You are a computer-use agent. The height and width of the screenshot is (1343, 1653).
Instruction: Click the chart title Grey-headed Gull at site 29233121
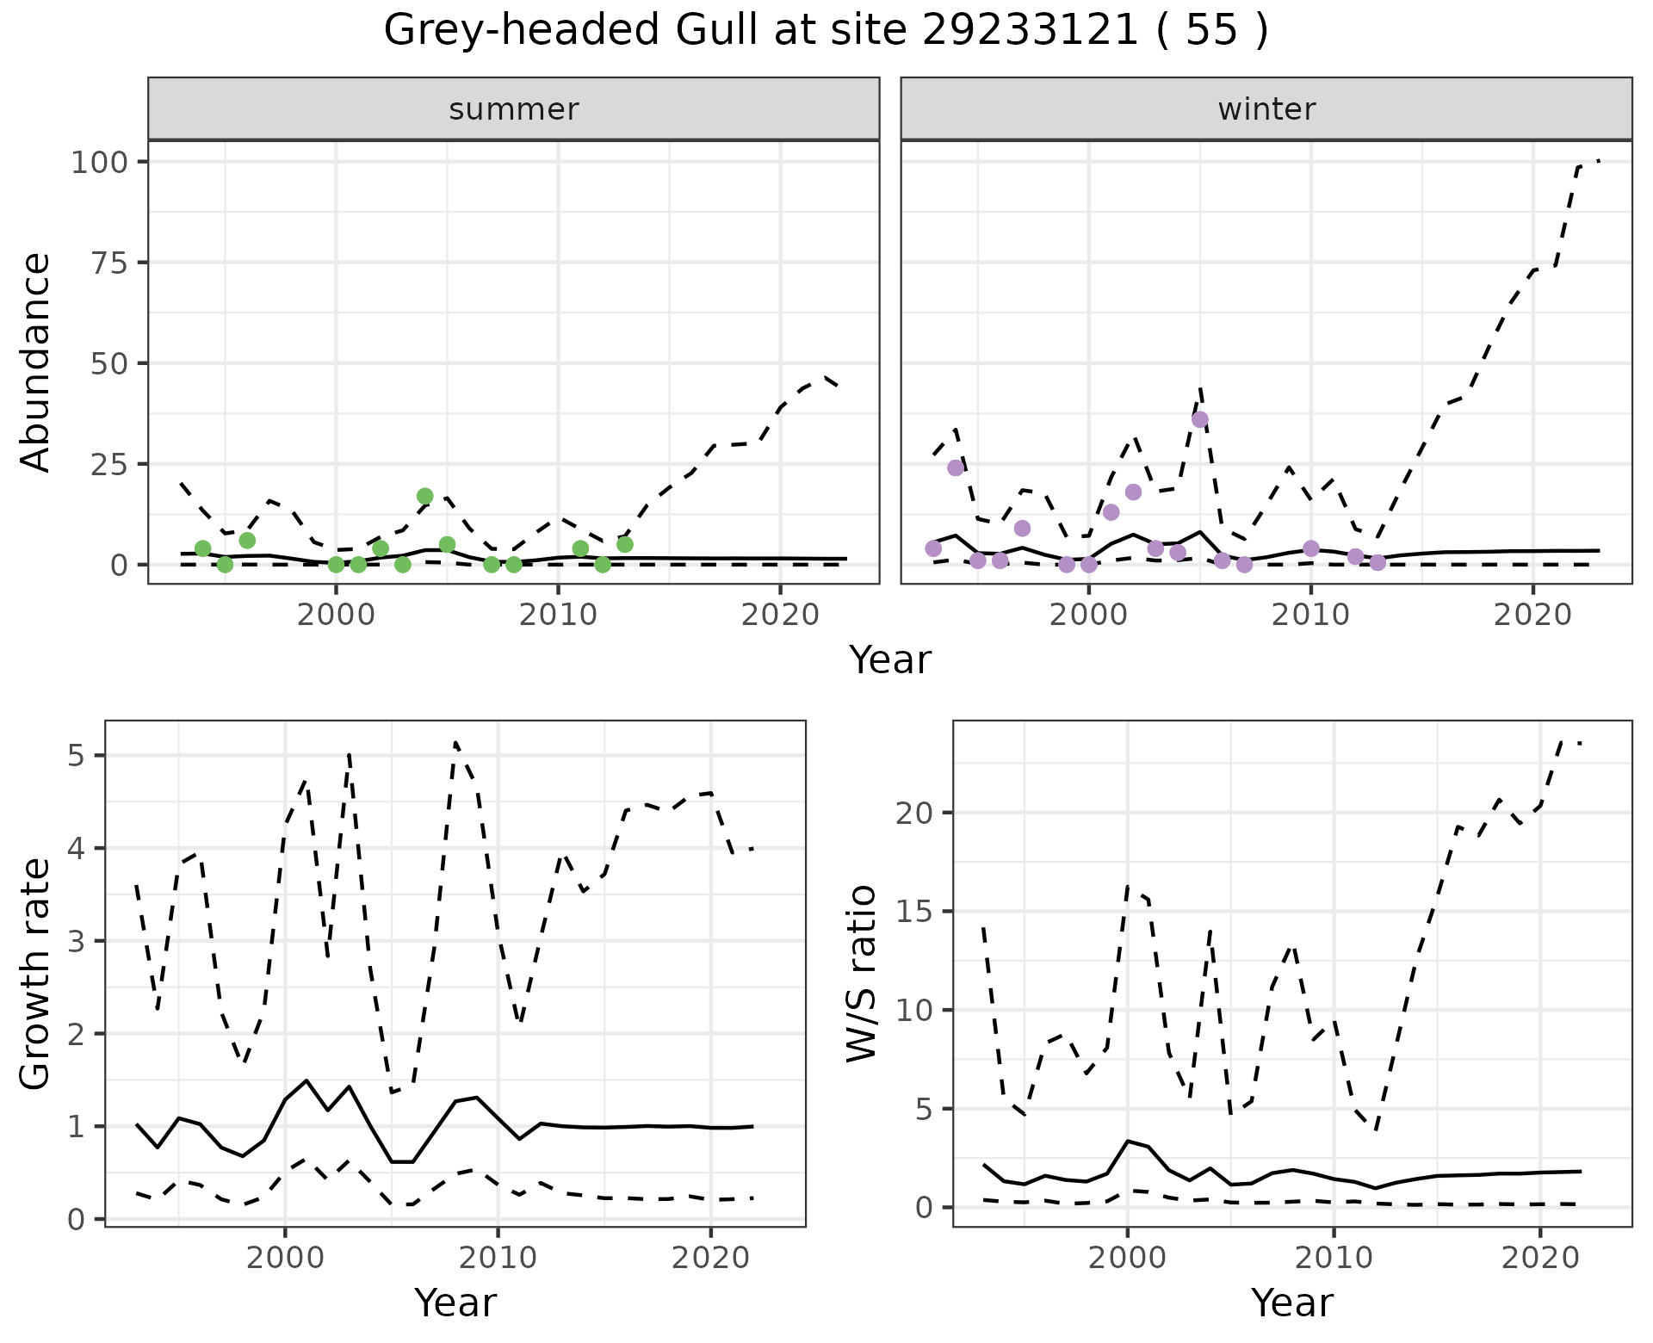pyautogui.click(x=825, y=31)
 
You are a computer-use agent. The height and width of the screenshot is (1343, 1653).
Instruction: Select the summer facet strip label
pyautogui.click(x=514, y=109)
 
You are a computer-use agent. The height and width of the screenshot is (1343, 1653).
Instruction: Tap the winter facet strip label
pyautogui.click(x=1266, y=109)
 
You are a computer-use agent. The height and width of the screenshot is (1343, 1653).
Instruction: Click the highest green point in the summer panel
pyautogui.click(x=424, y=496)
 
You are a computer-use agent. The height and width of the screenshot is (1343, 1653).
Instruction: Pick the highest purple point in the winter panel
pyautogui.click(x=1200, y=419)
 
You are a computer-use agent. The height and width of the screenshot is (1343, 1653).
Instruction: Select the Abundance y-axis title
pyautogui.click(x=36, y=362)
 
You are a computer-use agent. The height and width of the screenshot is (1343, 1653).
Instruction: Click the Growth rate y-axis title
pyautogui.click(x=36, y=973)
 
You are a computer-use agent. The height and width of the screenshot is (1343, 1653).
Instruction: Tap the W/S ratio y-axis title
pyautogui.click(x=861, y=973)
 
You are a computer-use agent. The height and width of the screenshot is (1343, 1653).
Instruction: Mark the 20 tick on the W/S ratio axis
pyautogui.click(x=915, y=814)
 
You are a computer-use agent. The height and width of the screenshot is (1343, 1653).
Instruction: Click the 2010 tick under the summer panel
pyautogui.click(x=558, y=615)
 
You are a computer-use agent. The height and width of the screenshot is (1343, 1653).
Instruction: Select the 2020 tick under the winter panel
pyautogui.click(x=1532, y=615)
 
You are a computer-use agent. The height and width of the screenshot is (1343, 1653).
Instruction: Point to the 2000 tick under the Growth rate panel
pyautogui.click(x=285, y=1258)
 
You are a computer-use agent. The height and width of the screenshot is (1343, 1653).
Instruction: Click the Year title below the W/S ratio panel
pyautogui.click(x=1291, y=1303)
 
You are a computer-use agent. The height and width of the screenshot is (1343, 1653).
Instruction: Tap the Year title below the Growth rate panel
pyautogui.click(x=455, y=1303)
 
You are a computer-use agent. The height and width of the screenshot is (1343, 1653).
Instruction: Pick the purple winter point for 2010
pyautogui.click(x=1311, y=548)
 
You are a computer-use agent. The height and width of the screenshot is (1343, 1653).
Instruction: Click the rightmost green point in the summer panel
pyautogui.click(x=625, y=544)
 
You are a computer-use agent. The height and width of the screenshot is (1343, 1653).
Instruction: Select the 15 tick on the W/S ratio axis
pyautogui.click(x=915, y=912)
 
